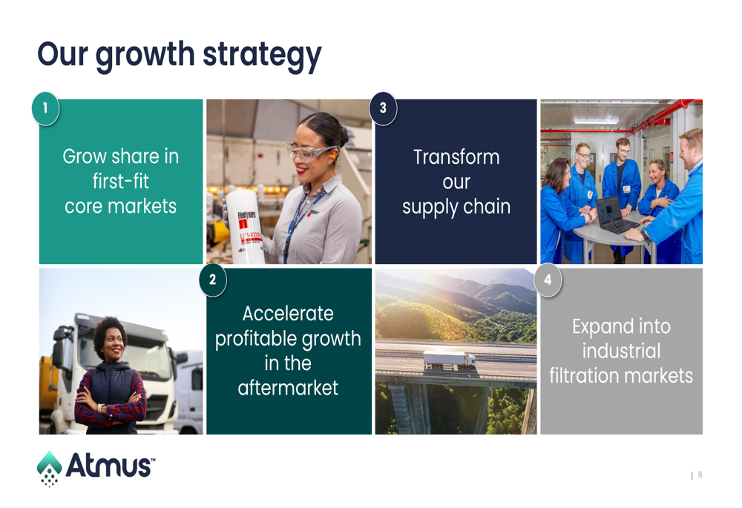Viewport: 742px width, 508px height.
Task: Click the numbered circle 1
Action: (45, 108)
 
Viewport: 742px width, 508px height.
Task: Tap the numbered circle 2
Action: (212, 280)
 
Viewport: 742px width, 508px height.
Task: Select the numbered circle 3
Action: (383, 108)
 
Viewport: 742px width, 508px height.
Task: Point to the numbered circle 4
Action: (548, 280)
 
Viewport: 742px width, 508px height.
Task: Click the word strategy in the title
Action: (262, 56)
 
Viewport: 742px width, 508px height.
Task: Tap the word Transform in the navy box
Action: (456, 157)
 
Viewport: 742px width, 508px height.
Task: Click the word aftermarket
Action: (288, 388)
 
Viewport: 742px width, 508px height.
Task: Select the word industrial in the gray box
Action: (621, 351)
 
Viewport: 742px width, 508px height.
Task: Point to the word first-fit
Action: (121, 181)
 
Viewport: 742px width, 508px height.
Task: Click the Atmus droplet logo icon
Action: (49, 468)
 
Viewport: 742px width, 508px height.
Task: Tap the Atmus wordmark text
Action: (111, 466)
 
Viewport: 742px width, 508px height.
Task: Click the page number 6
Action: (700, 475)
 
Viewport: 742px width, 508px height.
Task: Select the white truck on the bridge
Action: (449, 360)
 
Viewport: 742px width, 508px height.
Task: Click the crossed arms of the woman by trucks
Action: (110, 403)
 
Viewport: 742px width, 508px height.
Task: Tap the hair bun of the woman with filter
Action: (344, 135)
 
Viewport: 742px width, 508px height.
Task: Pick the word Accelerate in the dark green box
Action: (288, 314)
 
